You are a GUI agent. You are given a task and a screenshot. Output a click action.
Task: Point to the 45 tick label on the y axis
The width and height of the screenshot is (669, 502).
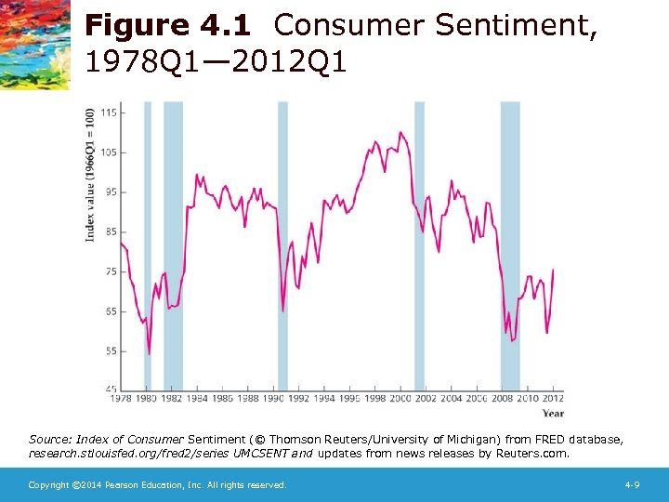point(110,389)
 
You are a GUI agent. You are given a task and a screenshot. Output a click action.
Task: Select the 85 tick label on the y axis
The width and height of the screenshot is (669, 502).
point(110,231)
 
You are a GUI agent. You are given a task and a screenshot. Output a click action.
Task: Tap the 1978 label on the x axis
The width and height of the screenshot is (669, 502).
point(121,399)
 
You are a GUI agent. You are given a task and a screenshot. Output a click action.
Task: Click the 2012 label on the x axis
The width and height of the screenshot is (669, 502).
point(552,399)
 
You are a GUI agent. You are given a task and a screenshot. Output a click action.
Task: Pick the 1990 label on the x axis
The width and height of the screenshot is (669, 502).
point(273,399)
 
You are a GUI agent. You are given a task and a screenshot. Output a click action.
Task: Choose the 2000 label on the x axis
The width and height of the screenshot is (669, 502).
point(400,399)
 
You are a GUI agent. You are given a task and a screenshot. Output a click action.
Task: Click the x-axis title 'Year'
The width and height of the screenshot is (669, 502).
point(552,413)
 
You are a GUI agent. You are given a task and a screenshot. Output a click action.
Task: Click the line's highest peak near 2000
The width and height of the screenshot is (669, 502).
point(400,133)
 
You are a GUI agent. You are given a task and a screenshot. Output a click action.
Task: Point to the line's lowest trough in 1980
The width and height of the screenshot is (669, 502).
point(149,353)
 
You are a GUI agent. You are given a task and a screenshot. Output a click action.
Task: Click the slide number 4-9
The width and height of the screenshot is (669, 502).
point(633,485)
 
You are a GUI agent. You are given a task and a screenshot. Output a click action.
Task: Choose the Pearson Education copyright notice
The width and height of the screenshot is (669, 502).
point(157,485)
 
